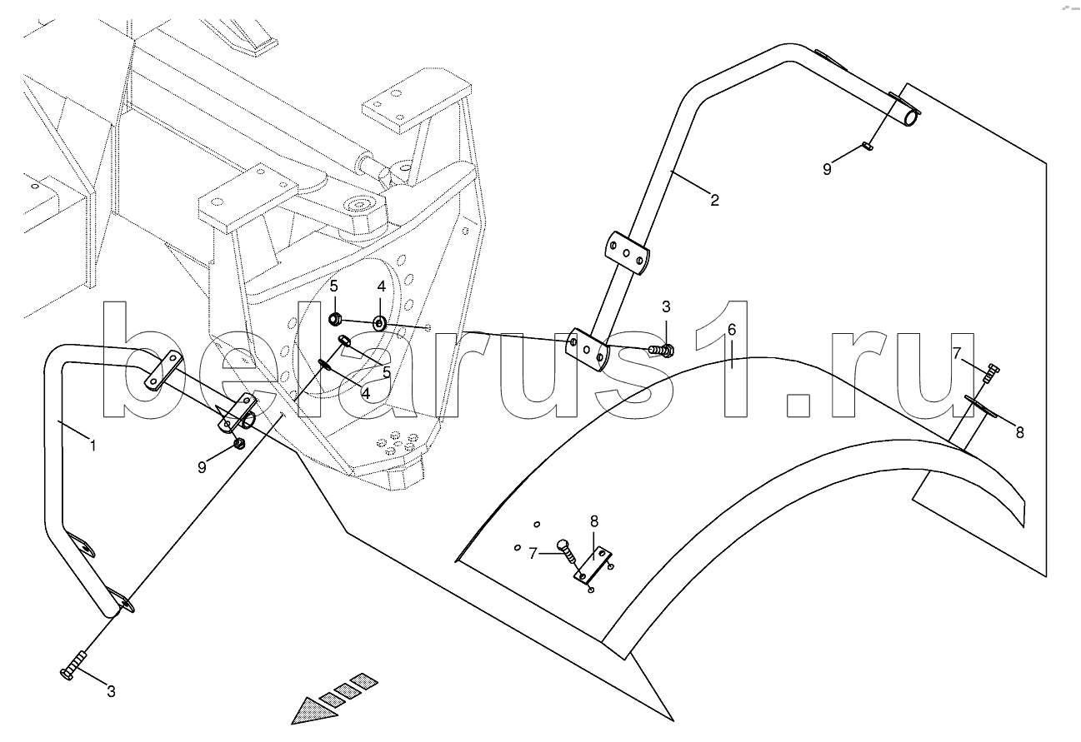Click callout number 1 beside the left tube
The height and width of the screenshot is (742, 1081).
93,446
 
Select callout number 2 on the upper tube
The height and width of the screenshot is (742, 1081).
714,200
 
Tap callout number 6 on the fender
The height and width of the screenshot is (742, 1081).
731,330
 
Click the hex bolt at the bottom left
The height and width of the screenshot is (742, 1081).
73,665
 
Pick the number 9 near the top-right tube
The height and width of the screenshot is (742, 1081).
827,169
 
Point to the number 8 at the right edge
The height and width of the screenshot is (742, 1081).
1019,432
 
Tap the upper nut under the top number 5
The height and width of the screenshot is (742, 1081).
335,318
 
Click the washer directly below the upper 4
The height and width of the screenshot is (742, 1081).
379,322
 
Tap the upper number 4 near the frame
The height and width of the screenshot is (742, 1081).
381,286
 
